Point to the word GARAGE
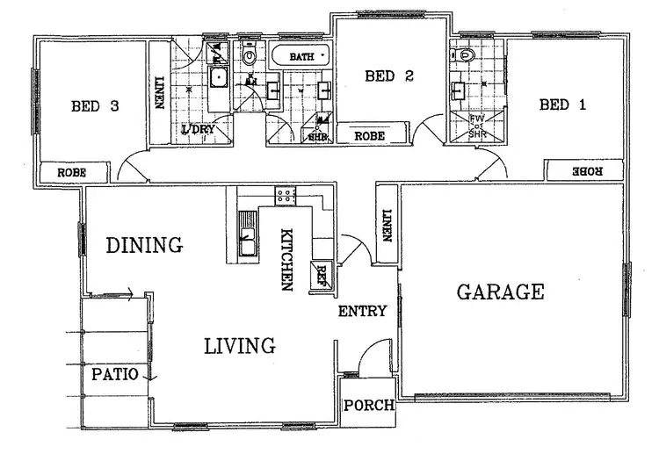pos(500,292)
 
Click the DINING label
pos(144,245)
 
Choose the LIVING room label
pos(240,346)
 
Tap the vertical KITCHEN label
pos(286,260)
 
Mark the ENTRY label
pos(362,311)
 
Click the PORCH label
pos(369,406)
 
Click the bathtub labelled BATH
pos(301,58)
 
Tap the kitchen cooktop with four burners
pos(286,196)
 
